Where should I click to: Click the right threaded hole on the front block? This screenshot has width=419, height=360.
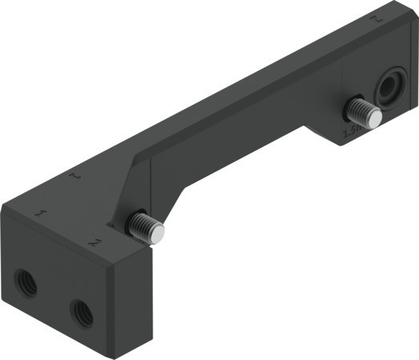coord(81,312)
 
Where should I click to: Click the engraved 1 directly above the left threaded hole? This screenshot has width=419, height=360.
coord(40,215)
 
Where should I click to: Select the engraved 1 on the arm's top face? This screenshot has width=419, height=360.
coord(76,173)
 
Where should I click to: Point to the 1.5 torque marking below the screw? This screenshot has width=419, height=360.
coord(350,130)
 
